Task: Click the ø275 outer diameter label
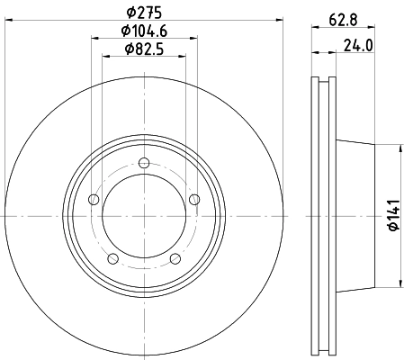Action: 144,13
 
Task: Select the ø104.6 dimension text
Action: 144,31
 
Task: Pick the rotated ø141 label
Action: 394,216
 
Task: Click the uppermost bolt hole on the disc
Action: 144,163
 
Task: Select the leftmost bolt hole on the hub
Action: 94,200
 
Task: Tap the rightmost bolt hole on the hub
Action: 194,200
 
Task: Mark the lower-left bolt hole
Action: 112,259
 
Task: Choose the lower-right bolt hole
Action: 175,259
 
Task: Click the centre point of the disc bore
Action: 144,216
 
